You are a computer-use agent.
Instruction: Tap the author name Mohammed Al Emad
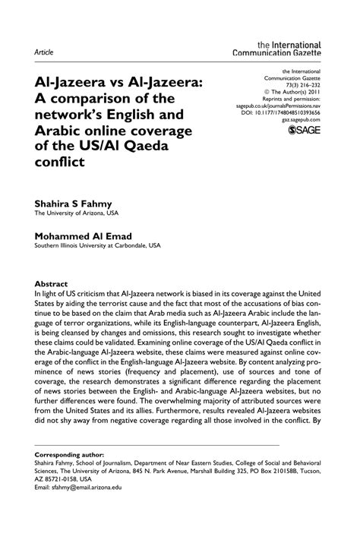click(x=84, y=235)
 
